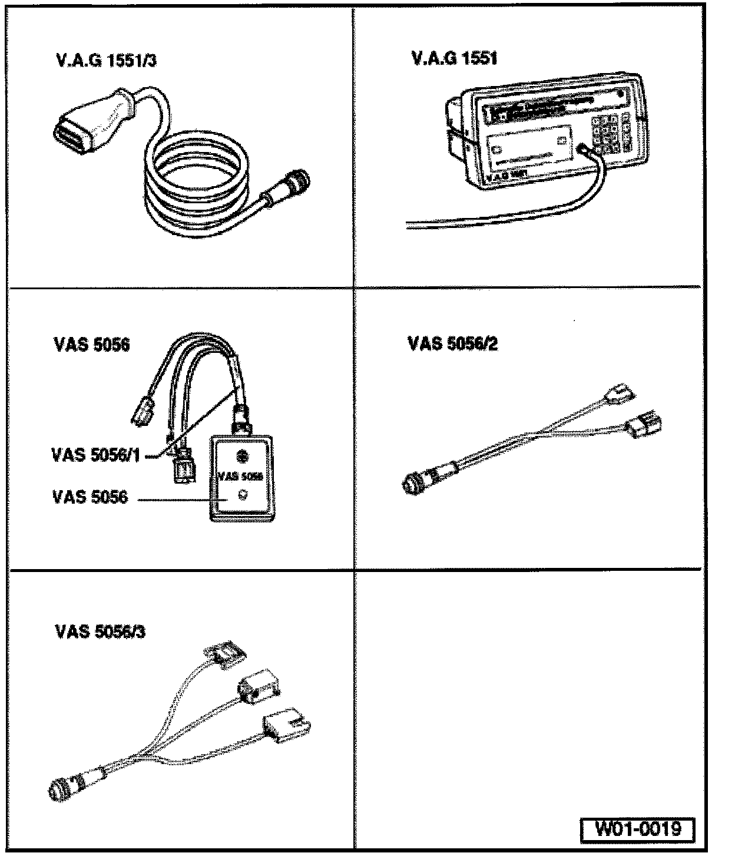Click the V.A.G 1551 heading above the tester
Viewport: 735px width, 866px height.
454,59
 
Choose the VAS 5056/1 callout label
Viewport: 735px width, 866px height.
96,455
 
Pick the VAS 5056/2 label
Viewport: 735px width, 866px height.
452,343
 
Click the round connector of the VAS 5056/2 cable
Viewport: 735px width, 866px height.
414,482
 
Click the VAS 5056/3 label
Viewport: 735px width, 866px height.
100,632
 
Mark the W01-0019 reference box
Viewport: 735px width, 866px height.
637,829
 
